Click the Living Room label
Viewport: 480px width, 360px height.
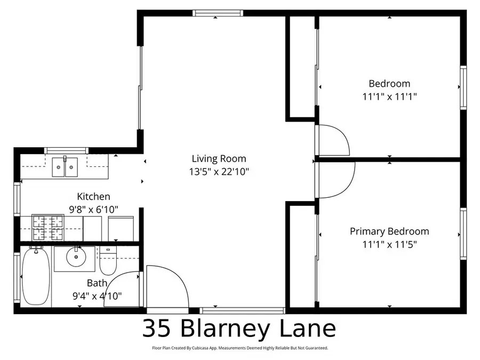point(219,158)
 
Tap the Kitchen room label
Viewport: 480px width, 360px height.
point(93,197)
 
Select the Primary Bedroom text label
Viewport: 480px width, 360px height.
point(389,231)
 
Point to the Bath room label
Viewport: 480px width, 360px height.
point(97,283)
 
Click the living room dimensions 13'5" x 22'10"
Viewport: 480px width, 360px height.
point(219,172)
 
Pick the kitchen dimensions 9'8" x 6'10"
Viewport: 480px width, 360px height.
point(93,210)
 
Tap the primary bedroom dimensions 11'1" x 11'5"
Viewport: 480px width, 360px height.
point(389,245)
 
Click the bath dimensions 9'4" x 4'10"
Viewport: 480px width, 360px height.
point(97,295)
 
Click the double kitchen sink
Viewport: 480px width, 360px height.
point(65,167)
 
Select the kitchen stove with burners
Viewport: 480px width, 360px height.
point(47,228)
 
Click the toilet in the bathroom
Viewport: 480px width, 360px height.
point(108,260)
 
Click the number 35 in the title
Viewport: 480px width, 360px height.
point(157,329)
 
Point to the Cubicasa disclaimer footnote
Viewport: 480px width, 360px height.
point(239,348)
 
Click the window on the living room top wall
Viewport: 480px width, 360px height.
point(218,13)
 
